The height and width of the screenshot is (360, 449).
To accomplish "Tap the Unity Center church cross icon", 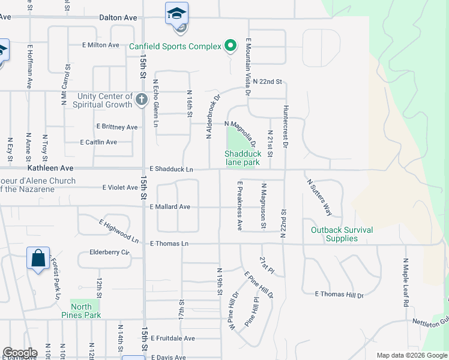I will pyautogui.click(x=142, y=100).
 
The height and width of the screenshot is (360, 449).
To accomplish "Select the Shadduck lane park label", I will pyautogui.click(x=243, y=158).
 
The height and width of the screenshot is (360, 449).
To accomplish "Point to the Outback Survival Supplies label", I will pyautogui.click(x=342, y=234).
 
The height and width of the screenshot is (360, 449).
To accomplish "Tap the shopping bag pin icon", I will pyautogui.click(x=38, y=259).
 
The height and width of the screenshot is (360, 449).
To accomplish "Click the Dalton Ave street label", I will pyautogui.click(x=118, y=18).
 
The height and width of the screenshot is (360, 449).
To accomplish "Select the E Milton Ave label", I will pyautogui.click(x=100, y=45).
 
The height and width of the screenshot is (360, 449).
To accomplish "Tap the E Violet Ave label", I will pyautogui.click(x=120, y=188).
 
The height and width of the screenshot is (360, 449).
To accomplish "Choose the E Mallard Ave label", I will pyautogui.click(x=170, y=207).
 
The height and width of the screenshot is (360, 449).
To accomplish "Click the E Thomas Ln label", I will pyautogui.click(x=169, y=244).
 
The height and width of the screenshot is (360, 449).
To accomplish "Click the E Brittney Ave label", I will pyautogui.click(x=117, y=127).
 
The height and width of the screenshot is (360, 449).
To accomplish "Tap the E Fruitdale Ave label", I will pyautogui.click(x=173, y=338).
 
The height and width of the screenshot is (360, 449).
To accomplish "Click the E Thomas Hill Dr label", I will pyautogui.click(x=339, y=294).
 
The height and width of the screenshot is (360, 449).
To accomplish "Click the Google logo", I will pyautogui.click(x=20, y=353).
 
